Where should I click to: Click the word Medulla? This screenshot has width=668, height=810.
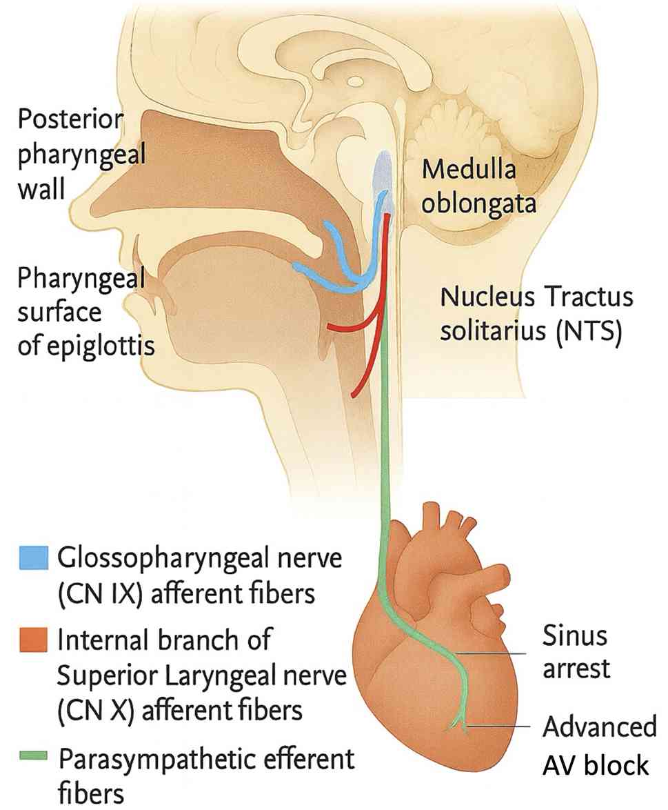point(469,169)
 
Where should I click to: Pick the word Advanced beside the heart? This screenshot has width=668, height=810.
point(600,727)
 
